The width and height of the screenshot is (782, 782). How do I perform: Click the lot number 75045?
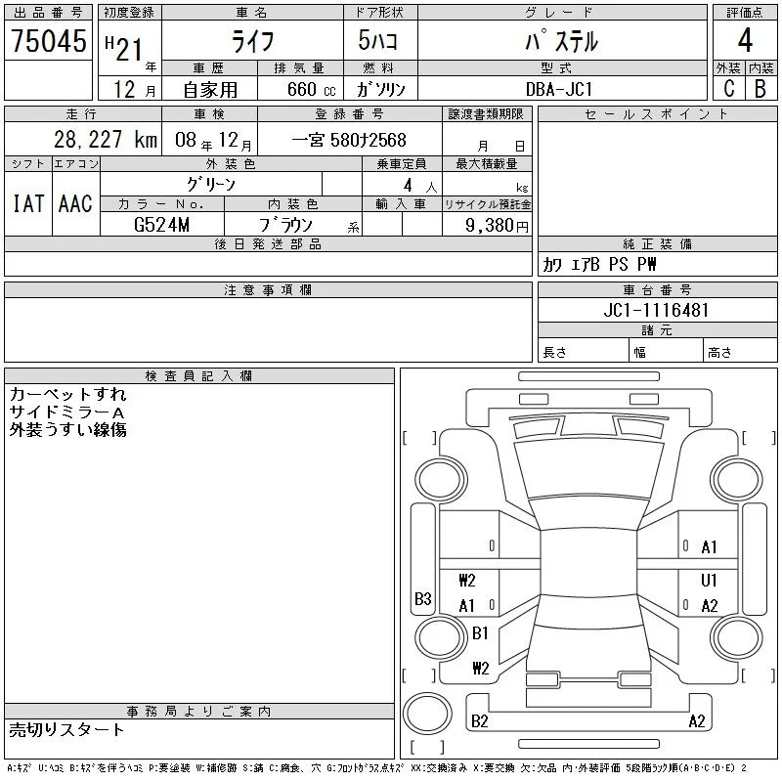pyautogui.click(x=48, y=40)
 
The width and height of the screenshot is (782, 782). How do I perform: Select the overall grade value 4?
pyautogui.click(x=745, y=40)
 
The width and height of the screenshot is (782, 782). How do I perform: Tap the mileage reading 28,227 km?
pyautogui.click(x=106, y=140)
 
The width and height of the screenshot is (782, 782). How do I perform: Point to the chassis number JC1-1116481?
pyautogui.click(x=656, y=310)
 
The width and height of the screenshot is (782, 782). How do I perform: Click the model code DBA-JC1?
pyautogui.click(x=558, y=89)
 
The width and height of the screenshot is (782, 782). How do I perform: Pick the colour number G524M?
pyautogui.click(x=161, y=225)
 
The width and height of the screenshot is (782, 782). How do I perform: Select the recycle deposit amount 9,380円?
pyautogui.click(x=497, y=226)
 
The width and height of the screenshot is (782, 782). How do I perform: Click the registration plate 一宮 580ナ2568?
pyautogui.click(x=349, y=140)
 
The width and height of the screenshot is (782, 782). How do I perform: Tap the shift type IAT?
pyautogui.click(x=28, y=203)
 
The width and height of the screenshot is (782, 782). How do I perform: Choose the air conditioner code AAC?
pyautogui.click(x=75, y=203)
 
